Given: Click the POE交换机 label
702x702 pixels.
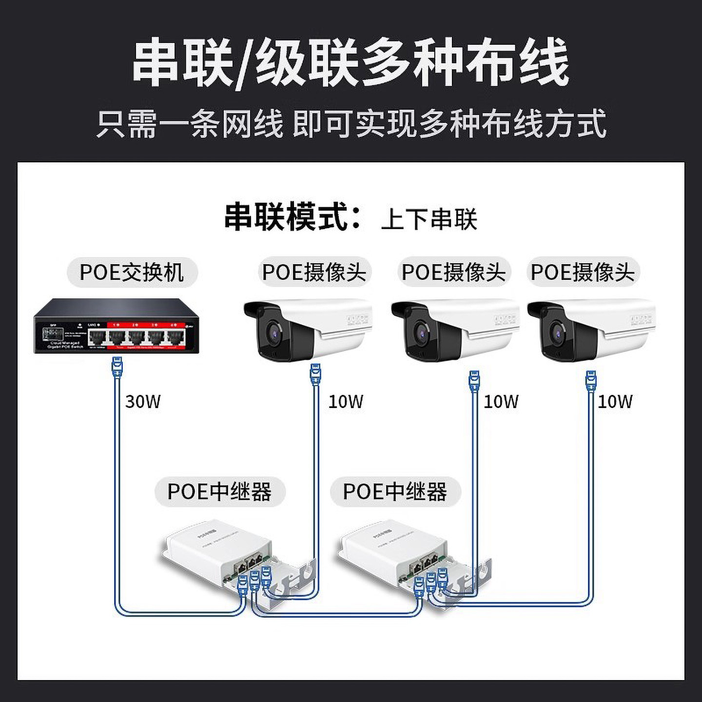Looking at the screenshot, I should (132, 272).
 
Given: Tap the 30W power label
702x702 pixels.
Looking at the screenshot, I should (143, 402).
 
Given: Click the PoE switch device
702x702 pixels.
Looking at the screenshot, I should (117, 326).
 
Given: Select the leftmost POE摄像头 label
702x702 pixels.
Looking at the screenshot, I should (314, 272).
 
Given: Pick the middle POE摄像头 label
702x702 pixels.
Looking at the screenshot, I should (453, 272).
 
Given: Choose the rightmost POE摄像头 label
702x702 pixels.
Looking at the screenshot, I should (583, 272).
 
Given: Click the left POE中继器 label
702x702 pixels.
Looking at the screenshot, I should (219, 491).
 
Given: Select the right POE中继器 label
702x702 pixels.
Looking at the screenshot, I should (395, 491).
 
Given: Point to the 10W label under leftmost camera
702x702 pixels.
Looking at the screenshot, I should (346, 402).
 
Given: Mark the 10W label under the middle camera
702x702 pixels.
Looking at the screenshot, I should (501, 402).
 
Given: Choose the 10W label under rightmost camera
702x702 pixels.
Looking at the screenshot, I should (615, 402).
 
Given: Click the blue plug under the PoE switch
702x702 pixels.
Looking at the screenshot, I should (118, 366).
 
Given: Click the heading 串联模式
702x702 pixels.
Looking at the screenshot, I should (292, 216).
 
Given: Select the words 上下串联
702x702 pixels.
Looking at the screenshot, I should (429, 218).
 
